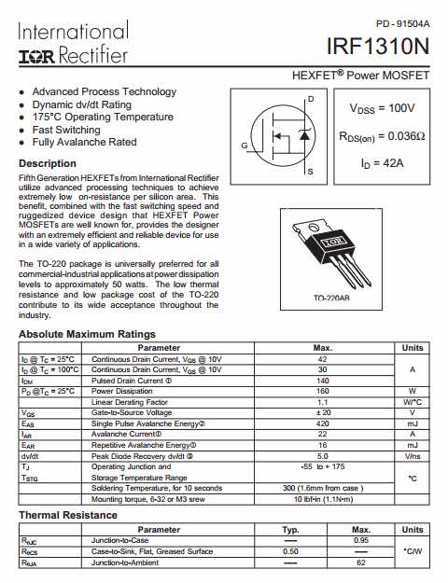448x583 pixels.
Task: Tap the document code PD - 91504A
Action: [x=403, y=22]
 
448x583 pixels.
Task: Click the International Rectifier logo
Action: [x=73, y=45]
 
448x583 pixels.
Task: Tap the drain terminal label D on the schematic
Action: [x=311, y=99]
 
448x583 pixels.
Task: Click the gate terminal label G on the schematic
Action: [x=245, y=146]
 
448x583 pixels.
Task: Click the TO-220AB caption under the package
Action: [x=332, y=298]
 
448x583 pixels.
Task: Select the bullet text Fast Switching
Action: [x=66, y=130]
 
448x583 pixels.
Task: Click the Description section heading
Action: [x=48, y=163]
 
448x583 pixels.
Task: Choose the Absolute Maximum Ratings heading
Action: [x=87, y=334]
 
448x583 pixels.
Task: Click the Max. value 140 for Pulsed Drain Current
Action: [x=323, y=381]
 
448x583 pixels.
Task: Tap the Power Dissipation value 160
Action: [x=323, y=391]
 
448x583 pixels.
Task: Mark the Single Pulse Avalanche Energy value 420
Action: [x=323, y=423]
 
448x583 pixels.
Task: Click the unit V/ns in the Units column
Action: [x=412, y=455]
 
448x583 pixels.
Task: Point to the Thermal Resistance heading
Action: [x=69, y=515]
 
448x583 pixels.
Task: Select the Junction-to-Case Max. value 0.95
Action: [x=361, y=540]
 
